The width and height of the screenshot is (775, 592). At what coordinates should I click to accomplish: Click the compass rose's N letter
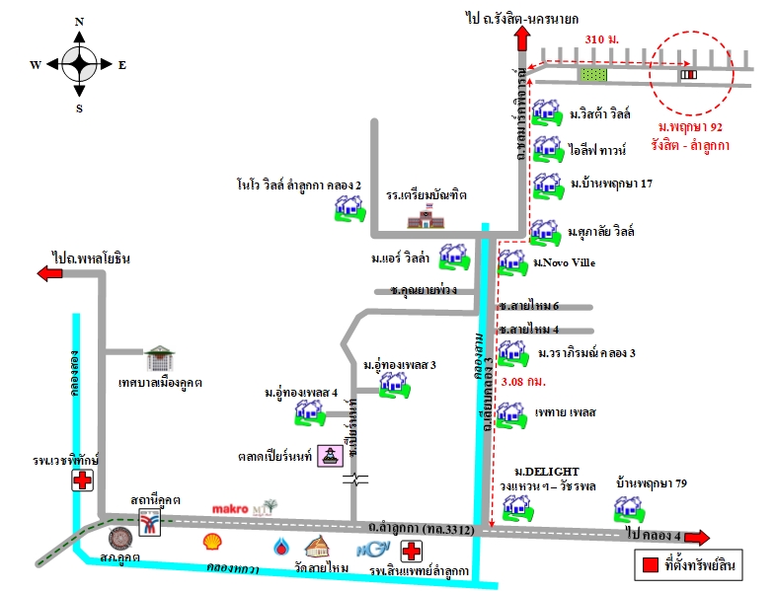click(79, 21)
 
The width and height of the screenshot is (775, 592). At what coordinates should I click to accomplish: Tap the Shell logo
click(212, 542)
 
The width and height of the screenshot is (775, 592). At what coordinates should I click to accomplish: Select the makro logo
click(235, 509)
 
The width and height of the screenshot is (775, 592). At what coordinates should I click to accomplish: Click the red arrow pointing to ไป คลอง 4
click(697, 538)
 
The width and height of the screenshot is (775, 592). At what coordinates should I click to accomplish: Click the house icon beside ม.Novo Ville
click(511, 262)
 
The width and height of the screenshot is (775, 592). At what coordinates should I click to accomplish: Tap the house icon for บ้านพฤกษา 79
click(624, 509)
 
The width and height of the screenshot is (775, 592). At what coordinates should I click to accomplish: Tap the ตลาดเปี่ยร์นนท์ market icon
click(330, 459)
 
